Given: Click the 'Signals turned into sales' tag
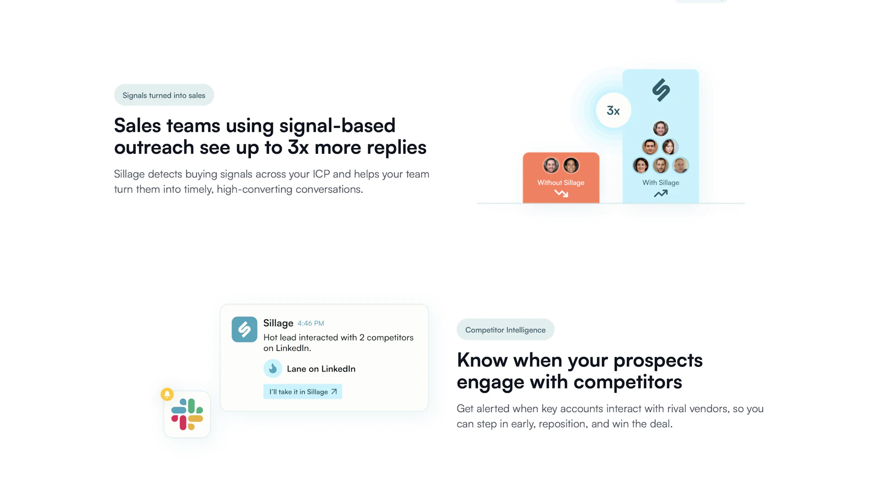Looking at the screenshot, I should click(164, 95).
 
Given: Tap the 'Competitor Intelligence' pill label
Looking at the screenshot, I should click(505, 330).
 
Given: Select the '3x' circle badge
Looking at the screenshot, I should click(613, 111).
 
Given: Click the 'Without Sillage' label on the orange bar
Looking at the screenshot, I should click(561, 183).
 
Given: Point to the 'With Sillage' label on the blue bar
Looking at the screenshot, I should click(660, 183).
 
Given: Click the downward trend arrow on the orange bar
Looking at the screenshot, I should click(561, 193).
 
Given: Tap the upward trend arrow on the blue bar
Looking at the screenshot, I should click(660, 193).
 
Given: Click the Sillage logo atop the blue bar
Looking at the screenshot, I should click(660, 90).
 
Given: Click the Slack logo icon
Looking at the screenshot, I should click(187, 414).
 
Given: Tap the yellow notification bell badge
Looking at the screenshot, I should click(167, 394).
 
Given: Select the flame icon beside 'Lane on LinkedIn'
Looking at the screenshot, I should click(273, 369).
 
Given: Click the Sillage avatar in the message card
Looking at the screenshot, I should click(244, 329).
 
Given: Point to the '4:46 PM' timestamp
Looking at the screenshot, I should click(310, 323).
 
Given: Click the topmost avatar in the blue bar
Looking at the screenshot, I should click(660, 129).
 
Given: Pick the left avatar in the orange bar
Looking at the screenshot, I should click(551, 165).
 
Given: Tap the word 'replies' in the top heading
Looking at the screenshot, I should click(396, 148).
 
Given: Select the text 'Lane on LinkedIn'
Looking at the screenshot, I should click(321, 369).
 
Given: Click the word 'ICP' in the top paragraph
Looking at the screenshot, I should click(321, 174).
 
